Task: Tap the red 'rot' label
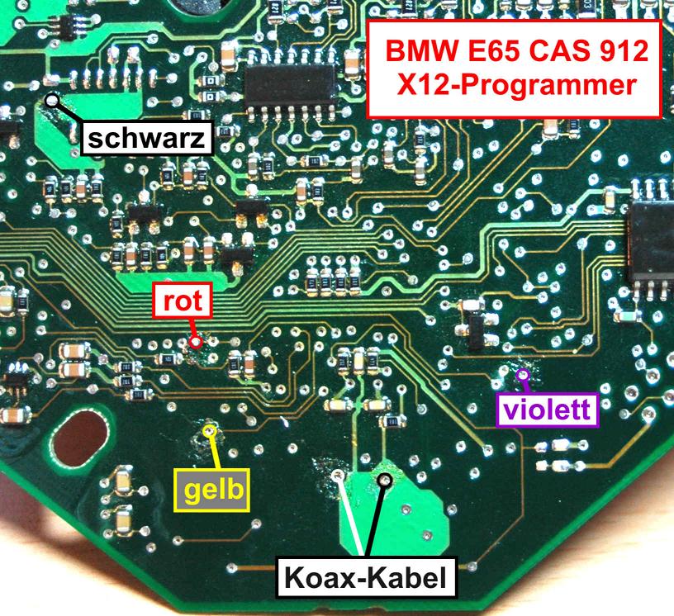[x=183, y=301]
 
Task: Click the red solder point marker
[x=196, y=341]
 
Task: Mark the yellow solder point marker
[x=210, y=431]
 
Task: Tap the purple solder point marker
[x=522, y=377]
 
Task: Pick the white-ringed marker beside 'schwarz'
[x=52, y=101]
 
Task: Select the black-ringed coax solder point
[x=384, y=478]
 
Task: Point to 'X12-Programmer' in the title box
[x=514, y=85]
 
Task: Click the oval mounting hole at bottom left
[x=79, y=442]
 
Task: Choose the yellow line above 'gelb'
[x=215, y=451]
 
